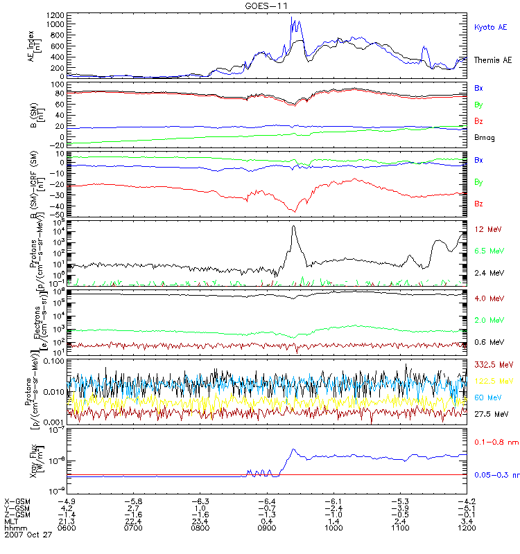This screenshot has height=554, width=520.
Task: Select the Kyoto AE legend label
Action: (x=491, y=27)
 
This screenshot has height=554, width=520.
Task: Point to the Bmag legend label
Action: (x=485, y=137)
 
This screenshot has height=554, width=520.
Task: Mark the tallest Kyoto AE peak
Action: (x=292, y=17)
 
